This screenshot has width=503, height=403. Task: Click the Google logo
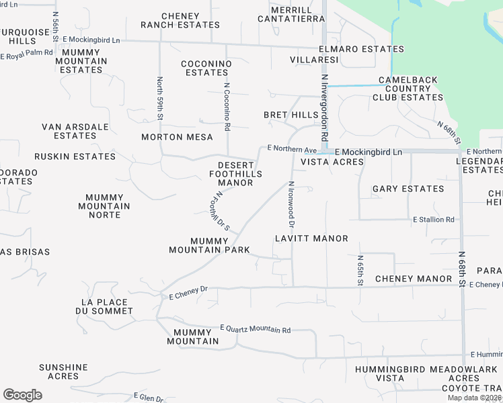click(22, 395)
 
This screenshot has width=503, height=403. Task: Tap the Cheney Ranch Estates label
click(180, 20)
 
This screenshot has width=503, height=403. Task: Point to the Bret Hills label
click(291, 116)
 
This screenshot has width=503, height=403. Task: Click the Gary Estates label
click(408, 189)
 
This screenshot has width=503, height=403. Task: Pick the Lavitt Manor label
click(311, 238)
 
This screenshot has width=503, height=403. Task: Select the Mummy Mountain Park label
click(210, 245)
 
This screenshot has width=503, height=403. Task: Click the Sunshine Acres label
click(63, 371)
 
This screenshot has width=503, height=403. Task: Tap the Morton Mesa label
click(177, 137)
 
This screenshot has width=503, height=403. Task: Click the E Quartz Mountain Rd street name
click(256, 330)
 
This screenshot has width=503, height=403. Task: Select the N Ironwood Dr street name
click(292, 204)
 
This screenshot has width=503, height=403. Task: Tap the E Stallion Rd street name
click(434, 220)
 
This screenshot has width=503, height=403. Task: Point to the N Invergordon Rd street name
click(324, 108)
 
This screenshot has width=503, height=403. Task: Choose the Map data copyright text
click(474, 398)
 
